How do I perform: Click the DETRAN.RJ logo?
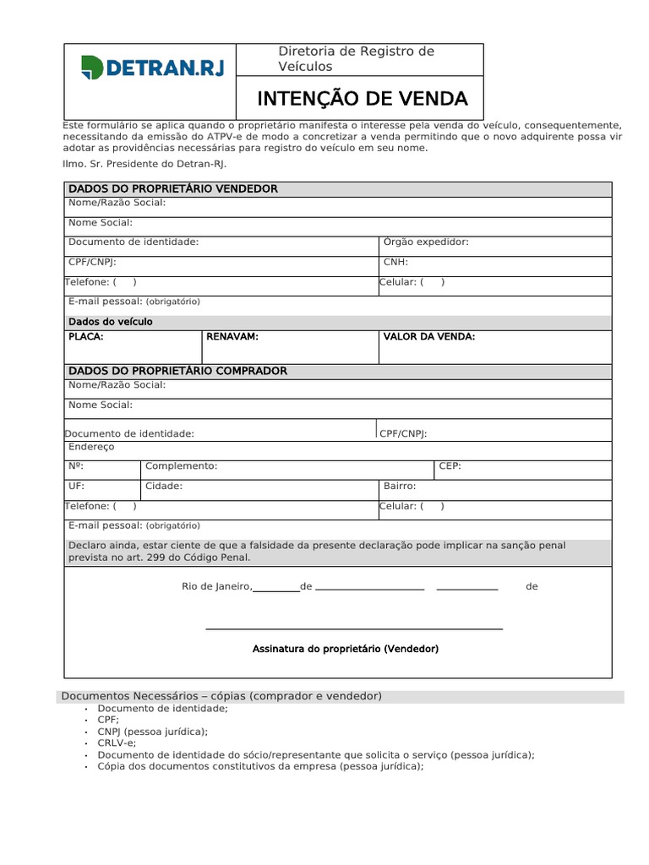coord(152,67)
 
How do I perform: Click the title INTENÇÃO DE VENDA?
coord(362,99)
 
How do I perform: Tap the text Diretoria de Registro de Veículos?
coord(356,59)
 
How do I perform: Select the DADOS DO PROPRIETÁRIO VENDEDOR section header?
coord(172,188)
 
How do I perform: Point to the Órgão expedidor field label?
coord(426,242)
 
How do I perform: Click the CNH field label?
coord(395,262)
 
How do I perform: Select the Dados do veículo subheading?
coord(110,322)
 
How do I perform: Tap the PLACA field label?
coord(86,336)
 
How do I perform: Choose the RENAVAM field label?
coord(232,336)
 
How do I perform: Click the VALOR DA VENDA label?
coord(429,336)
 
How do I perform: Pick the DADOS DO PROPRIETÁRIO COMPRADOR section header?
coord(177,371)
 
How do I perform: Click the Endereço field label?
coord(91,446)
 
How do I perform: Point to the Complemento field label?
coord(181,465)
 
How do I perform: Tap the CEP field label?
coord(450,465)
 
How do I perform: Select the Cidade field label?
coord(164,486)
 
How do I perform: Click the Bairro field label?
coord(400,486)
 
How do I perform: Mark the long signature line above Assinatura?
coord(354,629)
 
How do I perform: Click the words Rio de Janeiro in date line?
coord(216,586)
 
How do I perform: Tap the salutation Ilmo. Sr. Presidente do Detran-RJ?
coord(145,164)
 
